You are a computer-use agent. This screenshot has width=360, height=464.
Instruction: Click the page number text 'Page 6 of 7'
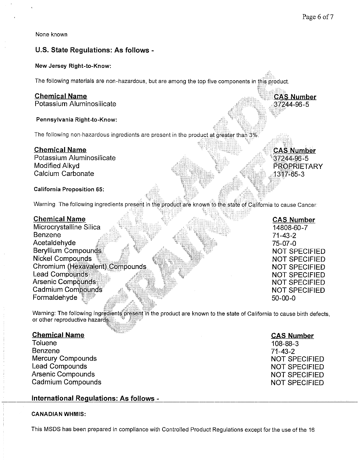pyautogui.click(x=317, y=17)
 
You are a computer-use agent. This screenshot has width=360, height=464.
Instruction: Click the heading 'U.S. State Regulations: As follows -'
pyautogui.click(x=94, y=50)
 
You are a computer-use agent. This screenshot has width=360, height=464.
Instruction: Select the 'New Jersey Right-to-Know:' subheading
pyautogui.click(x=73, y=66)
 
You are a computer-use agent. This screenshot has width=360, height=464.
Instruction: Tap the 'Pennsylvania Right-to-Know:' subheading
pyautogui.click(x=76, y=120)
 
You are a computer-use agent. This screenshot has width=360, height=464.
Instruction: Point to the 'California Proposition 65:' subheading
pyautogui.click(x=69, y=189)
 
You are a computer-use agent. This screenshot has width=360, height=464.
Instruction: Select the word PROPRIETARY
pyautogui.click(x=298, y=167)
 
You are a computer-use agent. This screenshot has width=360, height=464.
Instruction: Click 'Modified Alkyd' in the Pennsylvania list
pyautogui.click(x=57, y=166)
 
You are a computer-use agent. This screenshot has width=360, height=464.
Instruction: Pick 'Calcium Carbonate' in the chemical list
pyautogui.click(x=64, y=174)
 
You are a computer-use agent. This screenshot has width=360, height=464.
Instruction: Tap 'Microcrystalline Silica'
pyautogui.click(x=67, y=227)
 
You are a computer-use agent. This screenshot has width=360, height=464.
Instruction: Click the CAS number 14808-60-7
pyautogui.click(x=290, y=228)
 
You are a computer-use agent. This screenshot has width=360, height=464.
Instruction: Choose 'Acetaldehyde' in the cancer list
pyautogui.click(x=54, y=243)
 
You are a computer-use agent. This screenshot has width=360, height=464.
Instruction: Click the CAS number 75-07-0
pyautogui.click(x=284, y=243)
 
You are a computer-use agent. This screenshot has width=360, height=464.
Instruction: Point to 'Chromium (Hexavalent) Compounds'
pyautogui.click(x=90, y=267)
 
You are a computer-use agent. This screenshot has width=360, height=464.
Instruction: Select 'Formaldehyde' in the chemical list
pyautogui.click(x=55, y=297)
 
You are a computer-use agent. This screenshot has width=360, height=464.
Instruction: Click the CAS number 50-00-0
pyautogui.click(x=284, y=298)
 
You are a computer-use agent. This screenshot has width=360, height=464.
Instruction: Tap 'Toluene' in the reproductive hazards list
pyautogui.click(x=45, y=343)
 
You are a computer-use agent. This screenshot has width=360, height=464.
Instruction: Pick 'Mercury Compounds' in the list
pyautogui.click(x=64, y=359)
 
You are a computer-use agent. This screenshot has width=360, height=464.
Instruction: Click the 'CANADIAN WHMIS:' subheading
pyautogui.click(x=59, y=414)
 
